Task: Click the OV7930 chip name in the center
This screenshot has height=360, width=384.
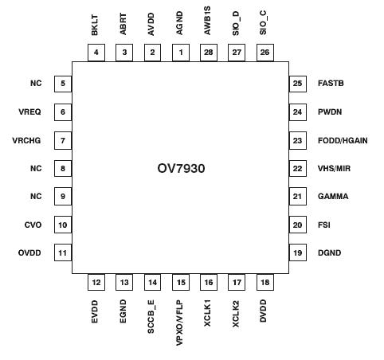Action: (180, 169)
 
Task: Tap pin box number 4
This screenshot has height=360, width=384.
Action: (96, 53)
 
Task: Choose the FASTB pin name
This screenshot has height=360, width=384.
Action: (331, 83)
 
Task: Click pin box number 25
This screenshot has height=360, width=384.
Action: (297, 83)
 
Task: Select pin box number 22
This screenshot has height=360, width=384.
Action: (297, 168)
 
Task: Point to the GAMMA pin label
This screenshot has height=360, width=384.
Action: (332, 197)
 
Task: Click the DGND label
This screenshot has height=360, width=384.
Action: (330, 253)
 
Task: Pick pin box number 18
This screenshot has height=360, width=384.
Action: (264, 282)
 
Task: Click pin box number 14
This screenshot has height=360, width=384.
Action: (152, 282)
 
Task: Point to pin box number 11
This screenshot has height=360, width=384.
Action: (62, 253)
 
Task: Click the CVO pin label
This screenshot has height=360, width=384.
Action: (33, 225)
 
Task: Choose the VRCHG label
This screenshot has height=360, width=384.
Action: (26, 140)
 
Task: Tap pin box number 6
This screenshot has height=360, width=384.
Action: (62, 112)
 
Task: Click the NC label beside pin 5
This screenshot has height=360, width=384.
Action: (35, 83)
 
